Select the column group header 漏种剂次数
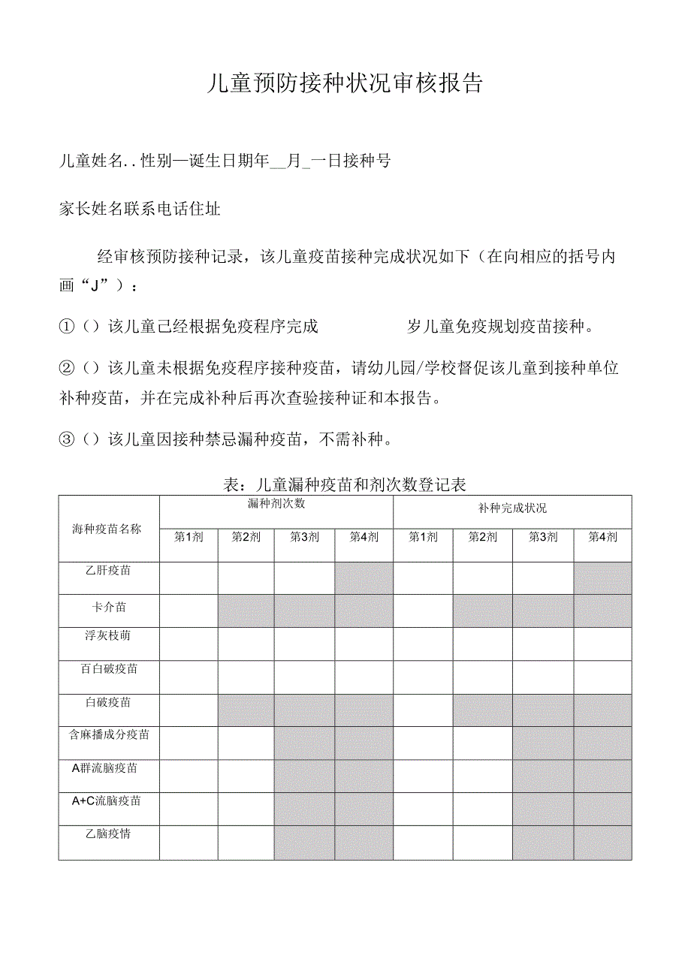[x=276, y=504]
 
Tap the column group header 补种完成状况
[x=512, y=508]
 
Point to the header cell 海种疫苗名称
[x=107, y=529]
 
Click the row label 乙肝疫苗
[x=108, y=571]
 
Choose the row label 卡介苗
[x=108, y=607]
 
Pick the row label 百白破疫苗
[x=109, y=668]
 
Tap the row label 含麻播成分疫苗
[x=109, y=734]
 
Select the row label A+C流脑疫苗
[x=107, y=801]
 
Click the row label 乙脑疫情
[x=108, y=834]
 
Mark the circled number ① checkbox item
[x=67, y=327]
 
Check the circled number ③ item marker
[x=67, y=439]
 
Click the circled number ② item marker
[x=67, y=368]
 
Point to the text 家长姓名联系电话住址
[x=140, y=210]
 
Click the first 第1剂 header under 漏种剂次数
[x=189, y=537]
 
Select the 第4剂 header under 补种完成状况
[x=602, y=537]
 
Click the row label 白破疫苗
[x=108, y=702]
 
